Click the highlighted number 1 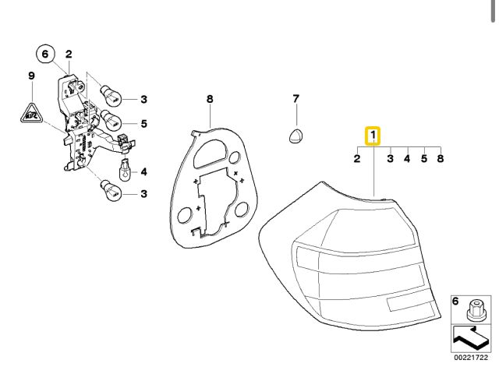373,137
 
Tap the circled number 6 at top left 45,54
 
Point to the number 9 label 32,76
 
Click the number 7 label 296,99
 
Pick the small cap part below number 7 296,134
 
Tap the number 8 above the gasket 209,99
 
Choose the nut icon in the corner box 472,311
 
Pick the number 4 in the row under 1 407,159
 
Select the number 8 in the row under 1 441,159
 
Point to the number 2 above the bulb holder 69,54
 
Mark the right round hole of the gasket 241,208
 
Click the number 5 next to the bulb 143,122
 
